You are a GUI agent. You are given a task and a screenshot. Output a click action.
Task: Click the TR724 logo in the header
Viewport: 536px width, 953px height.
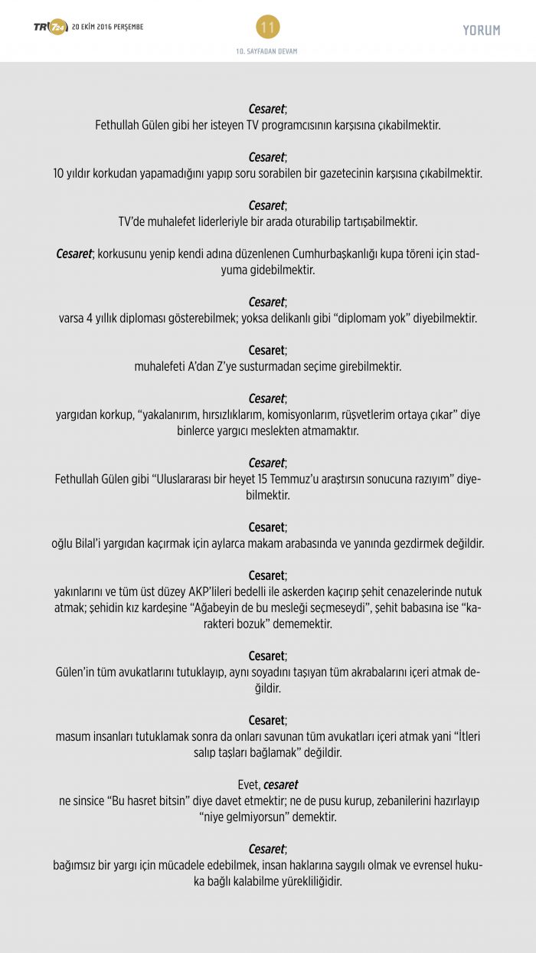tap(50, 28)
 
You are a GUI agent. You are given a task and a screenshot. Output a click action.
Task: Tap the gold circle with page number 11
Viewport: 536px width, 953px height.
tap(267, 28)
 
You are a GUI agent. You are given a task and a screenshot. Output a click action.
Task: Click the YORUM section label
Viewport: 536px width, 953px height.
tap(481, 31)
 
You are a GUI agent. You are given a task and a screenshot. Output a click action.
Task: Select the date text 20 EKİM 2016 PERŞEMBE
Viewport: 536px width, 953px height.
tap(108, 28)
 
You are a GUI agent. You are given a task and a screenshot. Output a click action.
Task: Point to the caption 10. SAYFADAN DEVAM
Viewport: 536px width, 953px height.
tap(267, 51)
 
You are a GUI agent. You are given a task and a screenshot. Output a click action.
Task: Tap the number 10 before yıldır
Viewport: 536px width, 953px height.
tap(59, 173)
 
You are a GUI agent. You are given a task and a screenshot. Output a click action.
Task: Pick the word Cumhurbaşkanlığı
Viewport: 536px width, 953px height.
tap(334, 254)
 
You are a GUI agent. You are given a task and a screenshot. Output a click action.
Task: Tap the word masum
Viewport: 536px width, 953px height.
tap(71, 736)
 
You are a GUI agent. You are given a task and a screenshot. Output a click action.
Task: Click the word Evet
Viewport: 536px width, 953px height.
tap(249, 784)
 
